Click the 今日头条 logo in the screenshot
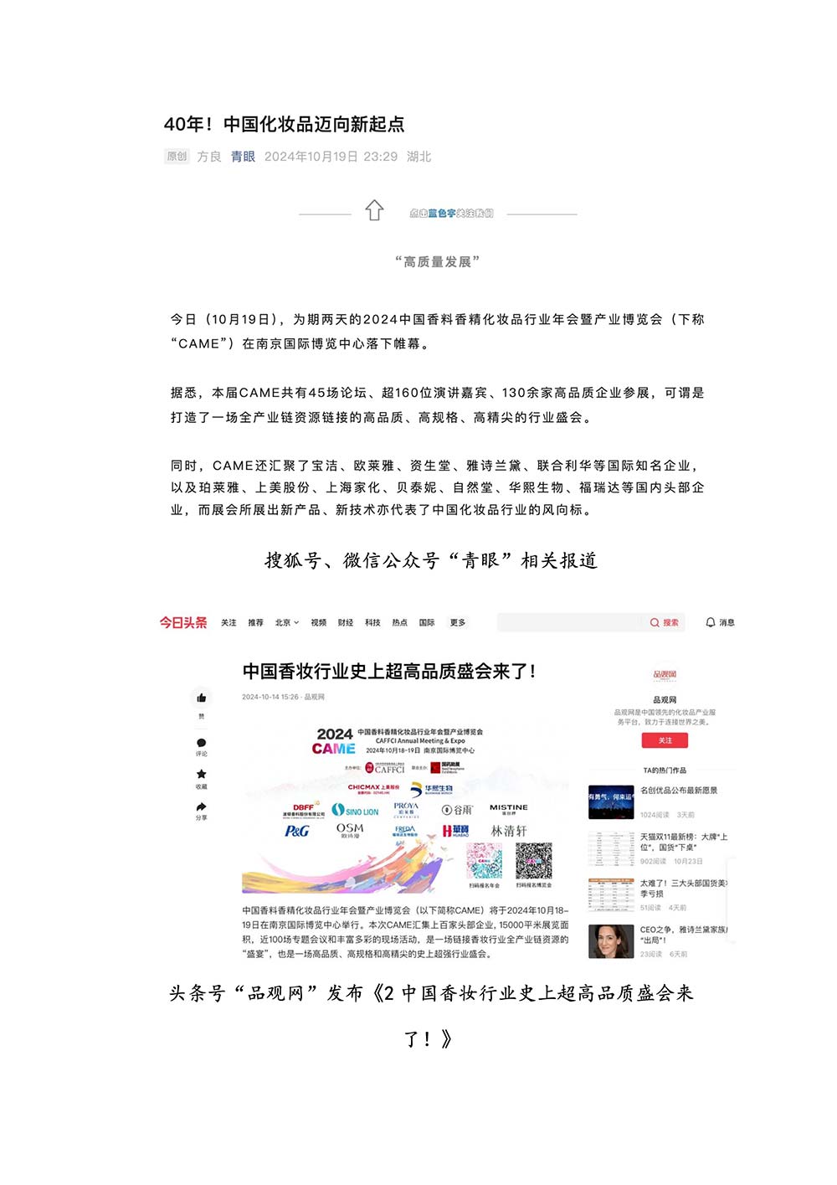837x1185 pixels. point(183,622)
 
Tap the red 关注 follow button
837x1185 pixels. point(665,740)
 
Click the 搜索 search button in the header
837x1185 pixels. point(665,622)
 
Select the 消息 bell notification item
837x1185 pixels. point(720,622)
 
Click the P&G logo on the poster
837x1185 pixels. point(297,831)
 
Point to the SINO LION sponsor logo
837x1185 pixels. point(356,810)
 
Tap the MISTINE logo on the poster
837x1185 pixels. point(509,808)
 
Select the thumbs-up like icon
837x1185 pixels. point(202,698)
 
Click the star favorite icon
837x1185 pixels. point(202,774)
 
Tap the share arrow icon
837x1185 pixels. point(202,806)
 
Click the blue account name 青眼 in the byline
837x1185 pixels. point(243,157)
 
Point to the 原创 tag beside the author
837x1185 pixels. point(177,157)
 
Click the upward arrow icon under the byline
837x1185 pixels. point(374,210)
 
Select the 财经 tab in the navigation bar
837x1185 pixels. point(346,622)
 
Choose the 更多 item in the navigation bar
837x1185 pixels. point(458,622)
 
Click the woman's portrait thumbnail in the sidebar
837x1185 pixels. point(611,941)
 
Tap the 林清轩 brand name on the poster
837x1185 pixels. point(509,831)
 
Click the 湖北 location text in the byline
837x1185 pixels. point(419,157)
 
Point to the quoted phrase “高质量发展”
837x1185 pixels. point(437,262)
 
